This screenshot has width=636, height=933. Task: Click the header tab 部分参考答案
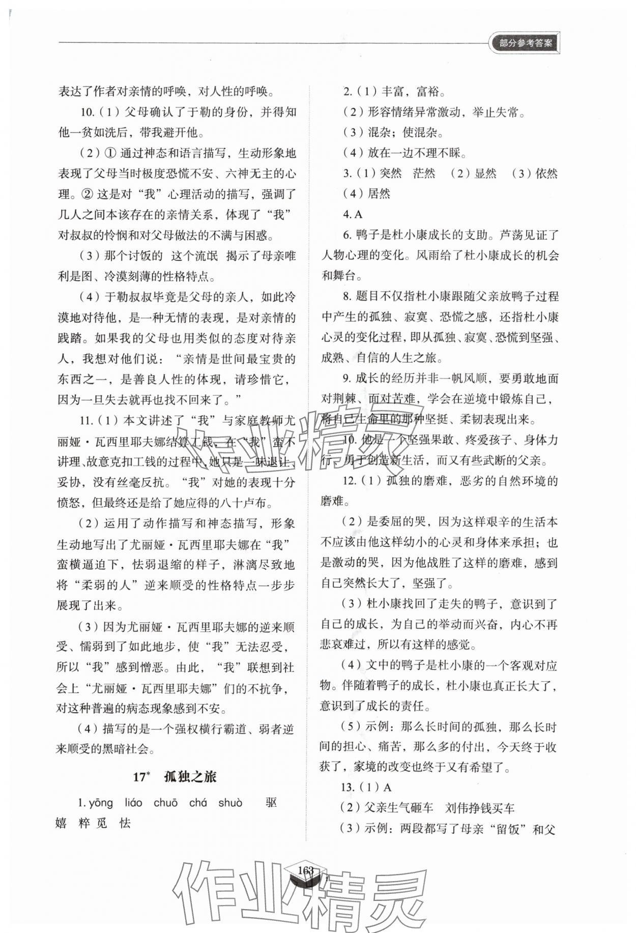(x=525, y=43)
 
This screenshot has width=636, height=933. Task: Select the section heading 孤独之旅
(x=190, y=777)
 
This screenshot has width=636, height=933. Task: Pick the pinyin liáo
(x=133, y=803)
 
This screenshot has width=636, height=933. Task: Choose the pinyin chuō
(x=166, y=803)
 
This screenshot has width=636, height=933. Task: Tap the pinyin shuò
(x=230, y=803)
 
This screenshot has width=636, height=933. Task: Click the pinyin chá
(x=198, y=803)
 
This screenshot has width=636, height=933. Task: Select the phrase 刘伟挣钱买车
(x=480, y=808)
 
